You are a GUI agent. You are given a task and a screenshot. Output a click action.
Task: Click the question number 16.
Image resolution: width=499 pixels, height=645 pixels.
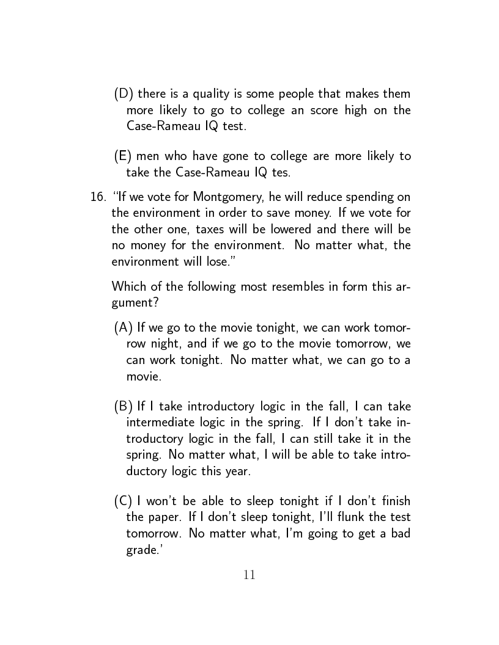click(x=98, y=197)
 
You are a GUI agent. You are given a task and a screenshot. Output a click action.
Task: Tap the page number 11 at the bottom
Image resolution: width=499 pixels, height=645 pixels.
click(x=250, y=575)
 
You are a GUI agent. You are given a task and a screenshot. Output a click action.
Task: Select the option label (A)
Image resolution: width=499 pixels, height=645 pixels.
click(x=124, y=329)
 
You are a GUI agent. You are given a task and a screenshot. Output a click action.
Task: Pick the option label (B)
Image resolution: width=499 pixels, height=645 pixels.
click(x=124, y=407)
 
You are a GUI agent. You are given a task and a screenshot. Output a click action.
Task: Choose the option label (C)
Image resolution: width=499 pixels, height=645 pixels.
click(x=124, y=501)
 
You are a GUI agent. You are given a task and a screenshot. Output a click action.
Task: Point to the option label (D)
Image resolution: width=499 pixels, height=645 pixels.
click(x=124, y=94)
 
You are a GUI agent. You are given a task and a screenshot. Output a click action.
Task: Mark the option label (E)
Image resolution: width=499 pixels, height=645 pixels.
click(x=124, y=156)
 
